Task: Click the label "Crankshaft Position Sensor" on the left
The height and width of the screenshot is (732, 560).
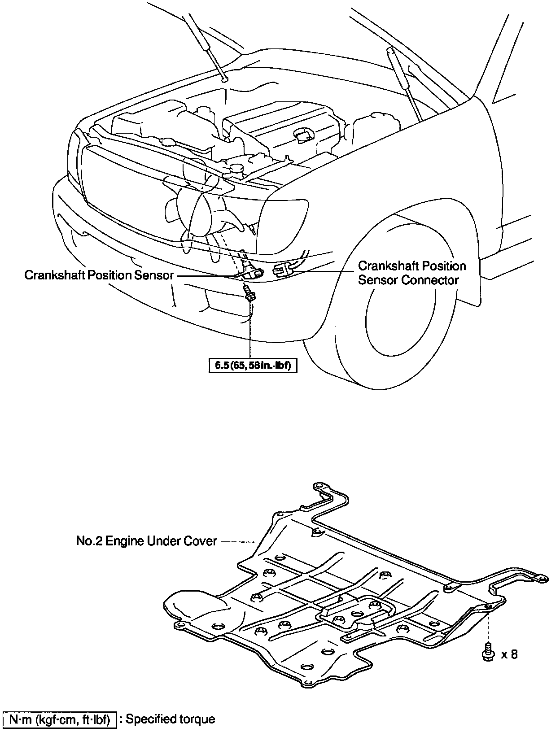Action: (99, 275)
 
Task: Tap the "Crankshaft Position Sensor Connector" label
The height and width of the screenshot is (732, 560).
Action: (411, 273)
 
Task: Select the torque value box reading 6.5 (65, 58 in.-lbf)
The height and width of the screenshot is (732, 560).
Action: (253, 366)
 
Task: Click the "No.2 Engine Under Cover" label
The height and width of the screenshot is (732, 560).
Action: (146, 541)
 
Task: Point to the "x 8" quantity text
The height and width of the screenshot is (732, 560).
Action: (509, 654)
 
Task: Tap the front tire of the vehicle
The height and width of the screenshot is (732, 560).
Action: (395, 305)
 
